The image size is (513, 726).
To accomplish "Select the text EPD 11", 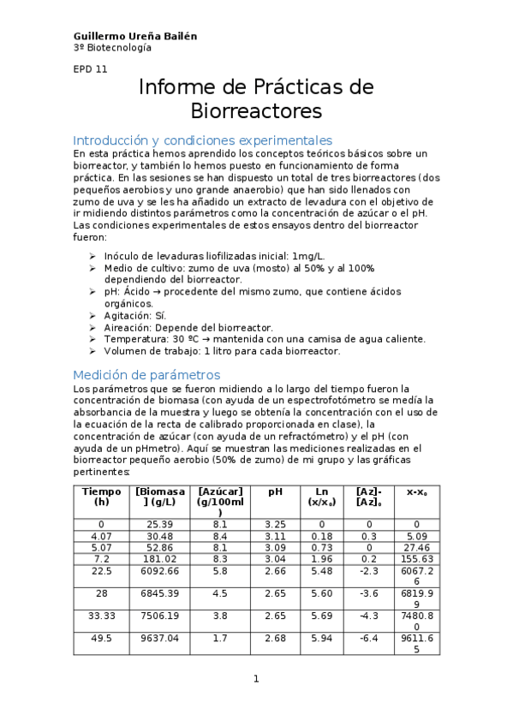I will click(x=90, y=70).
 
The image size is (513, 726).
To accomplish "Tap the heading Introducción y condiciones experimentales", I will click(x=202, y=140).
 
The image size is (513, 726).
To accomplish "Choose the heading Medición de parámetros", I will click(x=146, y=374).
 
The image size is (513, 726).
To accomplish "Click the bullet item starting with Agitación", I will click(x=135, y=315).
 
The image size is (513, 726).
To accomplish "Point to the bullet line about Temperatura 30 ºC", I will click(x=265, y=339).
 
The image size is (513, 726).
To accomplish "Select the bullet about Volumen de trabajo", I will click(x=222, y=351).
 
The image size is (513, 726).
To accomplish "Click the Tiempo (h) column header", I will click(x=101, y=497).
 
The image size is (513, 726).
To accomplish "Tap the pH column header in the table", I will click(x=275, y=491).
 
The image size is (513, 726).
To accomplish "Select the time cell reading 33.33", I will click(x=101, y=615).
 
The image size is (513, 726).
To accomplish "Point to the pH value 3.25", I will click(x=275, y=524).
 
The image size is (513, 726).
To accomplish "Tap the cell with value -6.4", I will click(x=368, y=638).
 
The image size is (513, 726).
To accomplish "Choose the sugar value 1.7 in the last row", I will click(x=220, y=638).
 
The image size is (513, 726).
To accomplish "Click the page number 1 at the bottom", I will click(x=255, y=679).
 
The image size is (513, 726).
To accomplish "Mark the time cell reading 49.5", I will click(x=101, y=638).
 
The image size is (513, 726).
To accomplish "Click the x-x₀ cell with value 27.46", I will click(x=416, y=546).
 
